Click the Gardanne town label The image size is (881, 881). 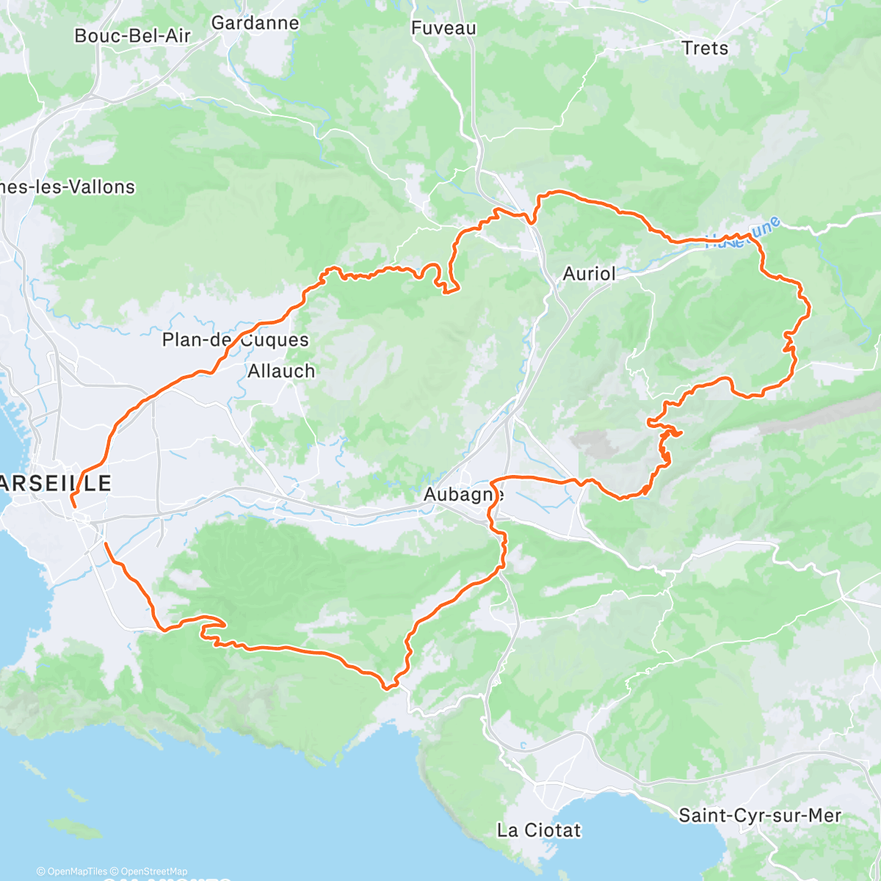[x=255, y=23]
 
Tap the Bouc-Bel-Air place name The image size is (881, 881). [x=132, y=35]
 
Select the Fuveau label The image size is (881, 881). [x=443, y=28]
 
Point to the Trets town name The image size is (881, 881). [x=705, y=48]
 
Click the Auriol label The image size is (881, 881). [x=589, y=274]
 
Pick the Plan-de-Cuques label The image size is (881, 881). [x=235, y=340]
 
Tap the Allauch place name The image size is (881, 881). [x=281, y=371]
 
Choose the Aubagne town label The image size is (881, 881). [x=463, y=495]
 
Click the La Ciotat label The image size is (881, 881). [x=539, y=830]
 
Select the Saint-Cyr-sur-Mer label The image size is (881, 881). [x=760, y=816]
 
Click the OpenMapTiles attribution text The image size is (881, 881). [x=76, y=871]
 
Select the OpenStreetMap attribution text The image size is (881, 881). [x=153, y=871]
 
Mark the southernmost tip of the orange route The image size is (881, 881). [x=388, y=688]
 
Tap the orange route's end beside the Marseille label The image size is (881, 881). [x=73, y=506]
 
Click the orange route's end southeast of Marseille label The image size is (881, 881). [x=106, y=543]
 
